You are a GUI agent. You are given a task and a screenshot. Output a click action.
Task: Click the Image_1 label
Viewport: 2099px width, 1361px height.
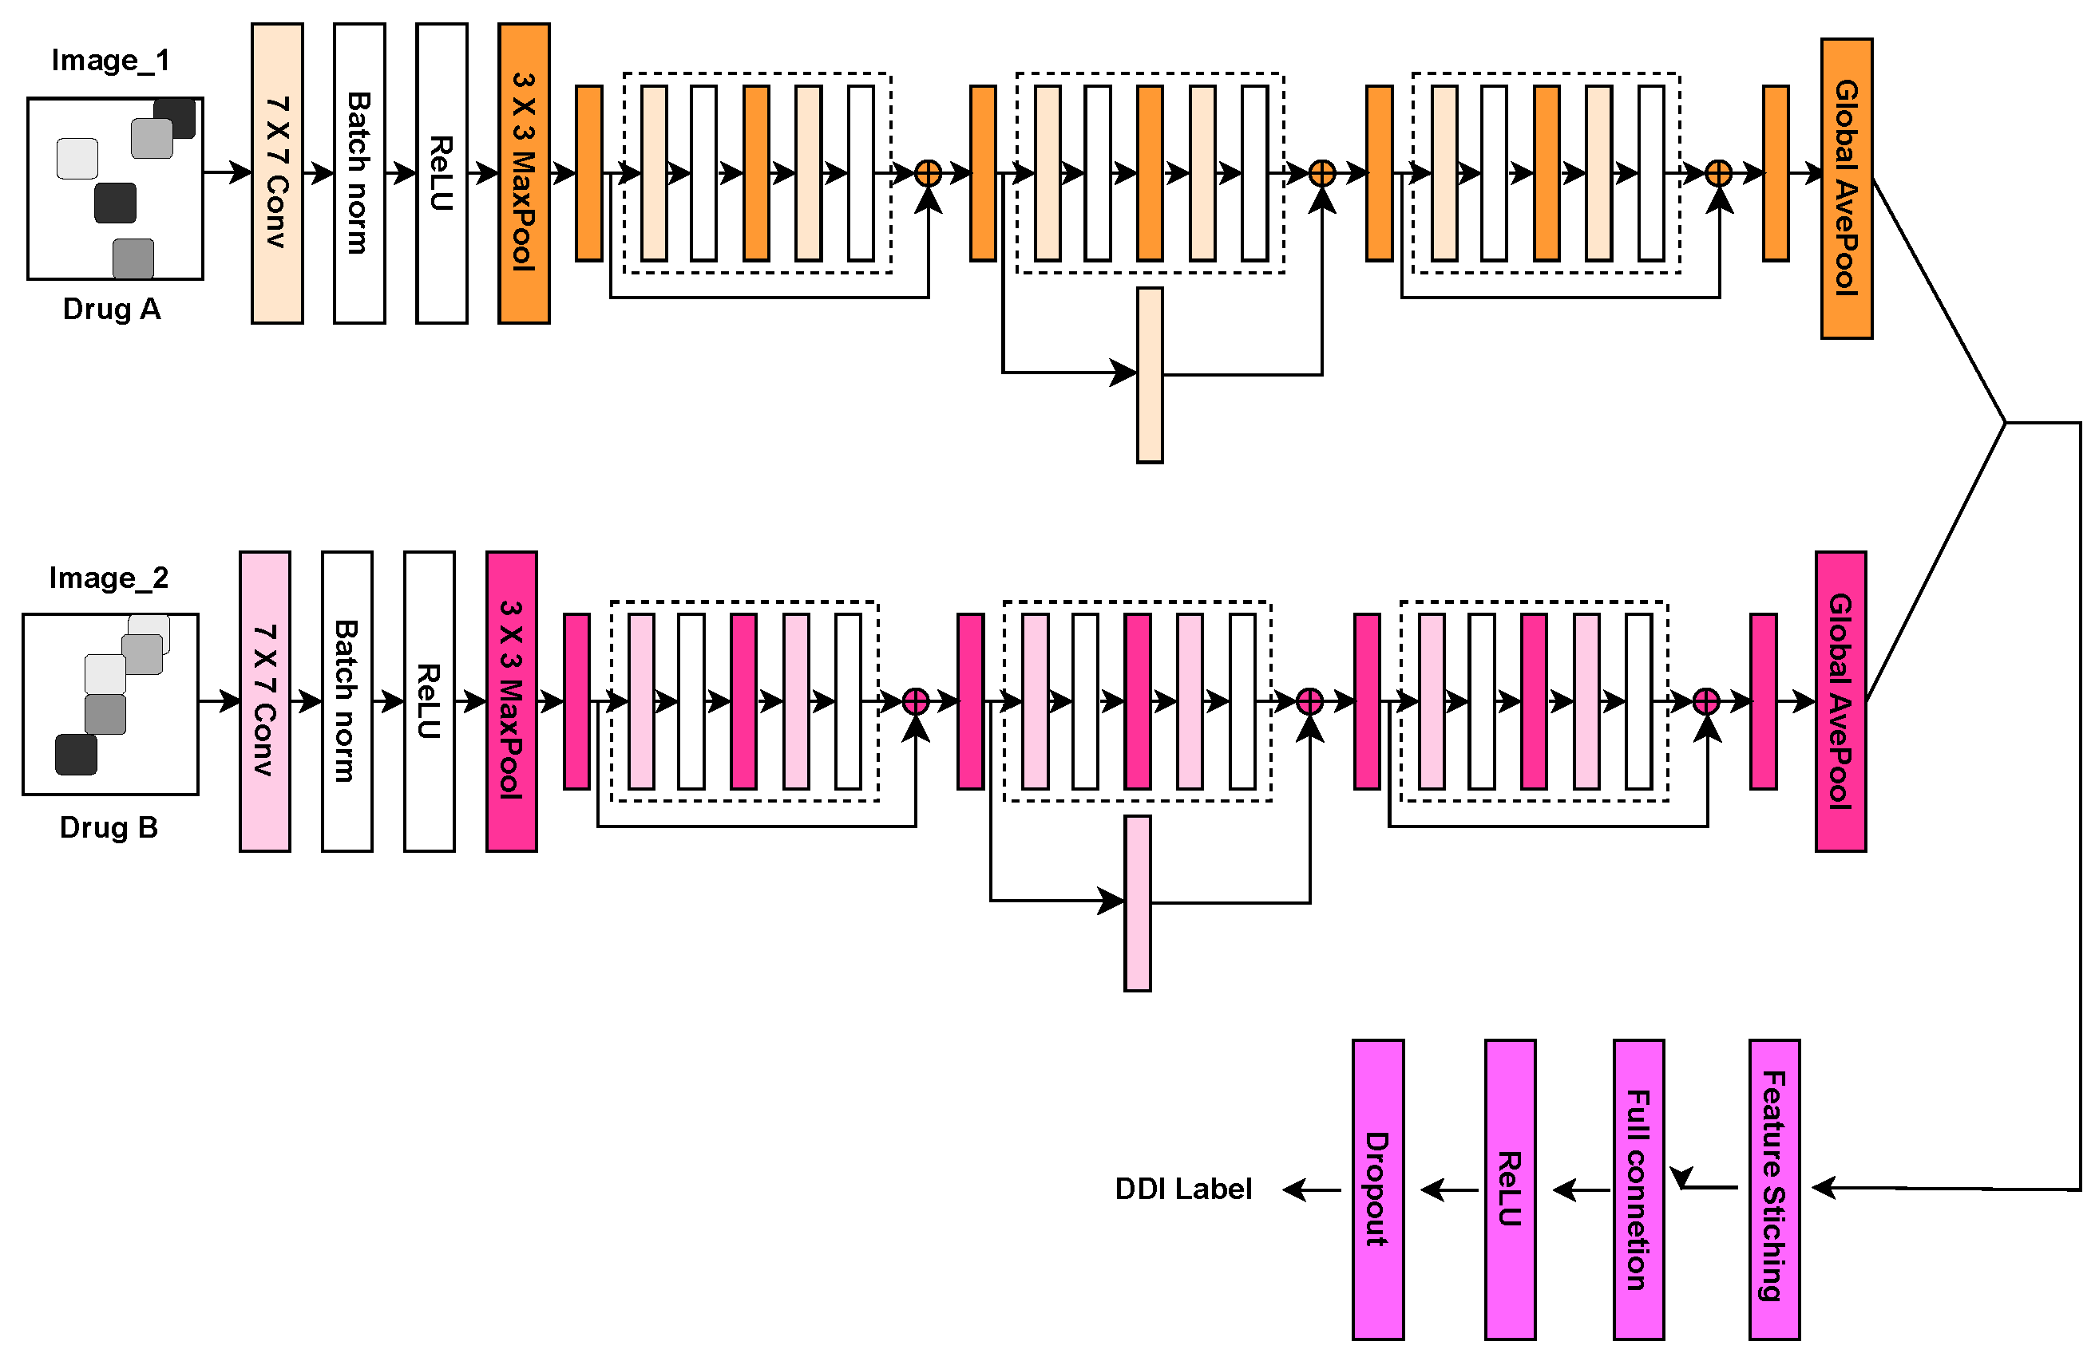(x=110, y=60)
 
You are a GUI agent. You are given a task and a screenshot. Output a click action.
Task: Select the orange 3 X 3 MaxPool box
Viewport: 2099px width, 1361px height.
(x=524, y=173)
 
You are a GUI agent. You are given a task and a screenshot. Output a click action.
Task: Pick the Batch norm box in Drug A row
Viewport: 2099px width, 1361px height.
(x=359, y=173)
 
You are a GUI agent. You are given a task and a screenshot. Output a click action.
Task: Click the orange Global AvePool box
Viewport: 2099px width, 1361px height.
(x=1846, y=187)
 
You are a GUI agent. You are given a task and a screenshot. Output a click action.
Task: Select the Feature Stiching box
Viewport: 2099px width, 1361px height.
(x=1773, y=1189)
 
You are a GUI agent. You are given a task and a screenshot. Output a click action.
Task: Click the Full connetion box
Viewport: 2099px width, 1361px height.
(x=1638, y=1189)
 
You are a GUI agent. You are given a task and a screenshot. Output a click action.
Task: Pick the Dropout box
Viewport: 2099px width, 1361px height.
(x=1377, y=1189)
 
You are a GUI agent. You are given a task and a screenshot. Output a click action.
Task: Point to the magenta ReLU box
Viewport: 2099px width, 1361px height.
(x=1510, y=1189)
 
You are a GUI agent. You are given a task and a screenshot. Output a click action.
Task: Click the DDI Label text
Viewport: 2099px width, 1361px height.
(x=1182, y=1189)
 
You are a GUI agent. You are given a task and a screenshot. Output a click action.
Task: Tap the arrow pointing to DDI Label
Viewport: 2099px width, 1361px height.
(x=1312, y=1190)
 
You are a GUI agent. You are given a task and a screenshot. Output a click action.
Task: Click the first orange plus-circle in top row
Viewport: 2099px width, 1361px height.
(x=928, y=173)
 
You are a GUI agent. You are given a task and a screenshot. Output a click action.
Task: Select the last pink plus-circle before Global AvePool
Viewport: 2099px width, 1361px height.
(x=1706, y=702)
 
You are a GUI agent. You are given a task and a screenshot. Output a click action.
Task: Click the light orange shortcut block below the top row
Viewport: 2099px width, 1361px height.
(x=1149, y=375)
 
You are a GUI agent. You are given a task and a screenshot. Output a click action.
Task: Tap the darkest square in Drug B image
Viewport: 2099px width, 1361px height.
(x=76, y=755)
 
